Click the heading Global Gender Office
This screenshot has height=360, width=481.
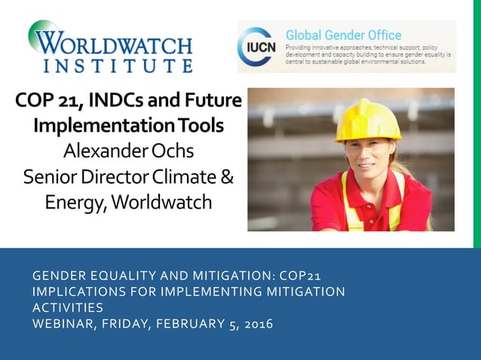[x=343, y=35]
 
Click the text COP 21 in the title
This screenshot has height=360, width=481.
[x=50, y=100]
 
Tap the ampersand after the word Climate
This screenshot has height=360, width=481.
[x=227, y=177]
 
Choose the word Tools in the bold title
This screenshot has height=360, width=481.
[x=204, y=126]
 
